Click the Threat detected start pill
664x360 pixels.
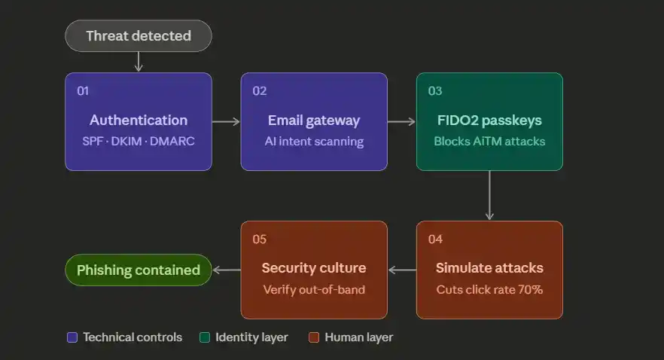pyautogui.click(x=139, y=35)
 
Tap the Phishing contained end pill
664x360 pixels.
pyautogui.click(x=139, y=270)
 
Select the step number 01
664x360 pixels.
pyautogui.click(x=83, y=91)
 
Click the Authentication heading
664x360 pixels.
pyautogui.click(x=139, y=121)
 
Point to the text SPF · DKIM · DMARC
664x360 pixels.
pyautogui.click(x=139, y=141)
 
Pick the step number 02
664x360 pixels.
pyautogui.click(x=259, y=91)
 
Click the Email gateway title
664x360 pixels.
pyautogui.click(x=314, y=121)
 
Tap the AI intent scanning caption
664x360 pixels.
pyautogui.click(x=314, y=141)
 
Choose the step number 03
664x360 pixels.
pyautogui.click(x=435, y=91)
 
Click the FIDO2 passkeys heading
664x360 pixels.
pyautogui.click(x=489, y=121)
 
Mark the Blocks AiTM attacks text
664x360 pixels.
pyautogui.click(x=489, y=141)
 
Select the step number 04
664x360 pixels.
pyautogui.click(x=435, y=239)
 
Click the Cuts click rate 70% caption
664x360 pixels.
pyautogui.click(x=489, y=289)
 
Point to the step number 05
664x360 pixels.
pyautogui.click(x=259, y=239)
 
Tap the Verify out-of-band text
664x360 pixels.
pyautogui.click(x=314, y=289)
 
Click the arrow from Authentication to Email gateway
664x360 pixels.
pyautogui.click(x=226, y=121)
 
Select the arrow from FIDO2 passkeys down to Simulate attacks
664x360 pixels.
pyautogui.click(x=489, y=195)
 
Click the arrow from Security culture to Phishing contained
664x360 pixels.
pyautogui.click(x=226, y=270)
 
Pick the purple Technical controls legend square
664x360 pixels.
pyautogui.click(x=72, y=337)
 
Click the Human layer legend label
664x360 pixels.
pyautogui.click(x=358, y=337)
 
